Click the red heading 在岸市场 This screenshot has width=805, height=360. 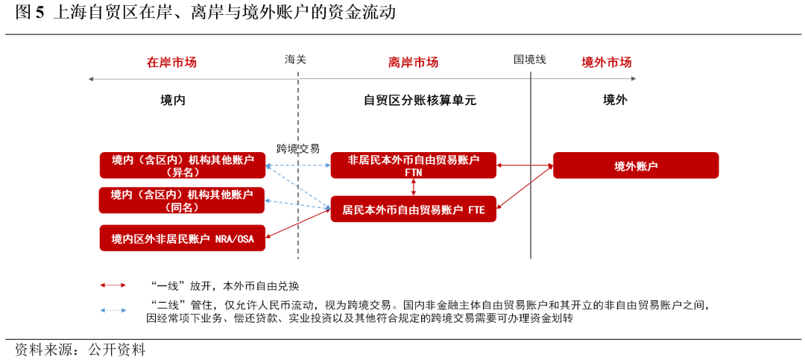[171, 63]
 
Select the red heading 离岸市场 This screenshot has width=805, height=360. [413, 63]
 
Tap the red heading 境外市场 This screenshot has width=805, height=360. [606, 63]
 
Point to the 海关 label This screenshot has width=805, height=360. [296, 59]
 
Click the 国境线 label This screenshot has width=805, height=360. [530, 59]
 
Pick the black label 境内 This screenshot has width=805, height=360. [173, 100]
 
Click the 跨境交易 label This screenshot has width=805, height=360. [297, 148]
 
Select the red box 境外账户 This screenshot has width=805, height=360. [636, 165]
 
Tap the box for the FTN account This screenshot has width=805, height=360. [414, 165]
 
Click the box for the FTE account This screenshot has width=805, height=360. [414, 210]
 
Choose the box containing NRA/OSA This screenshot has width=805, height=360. [183, 239]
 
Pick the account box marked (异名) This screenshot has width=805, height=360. [183, 165]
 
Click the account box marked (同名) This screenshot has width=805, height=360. [182, 200]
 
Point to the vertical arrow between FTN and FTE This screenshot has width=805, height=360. [414, 188]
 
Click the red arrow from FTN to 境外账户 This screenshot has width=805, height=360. [525, 165]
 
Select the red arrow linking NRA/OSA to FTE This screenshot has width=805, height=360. [298, 224]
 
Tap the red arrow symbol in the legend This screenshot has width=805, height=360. [113, 285]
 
